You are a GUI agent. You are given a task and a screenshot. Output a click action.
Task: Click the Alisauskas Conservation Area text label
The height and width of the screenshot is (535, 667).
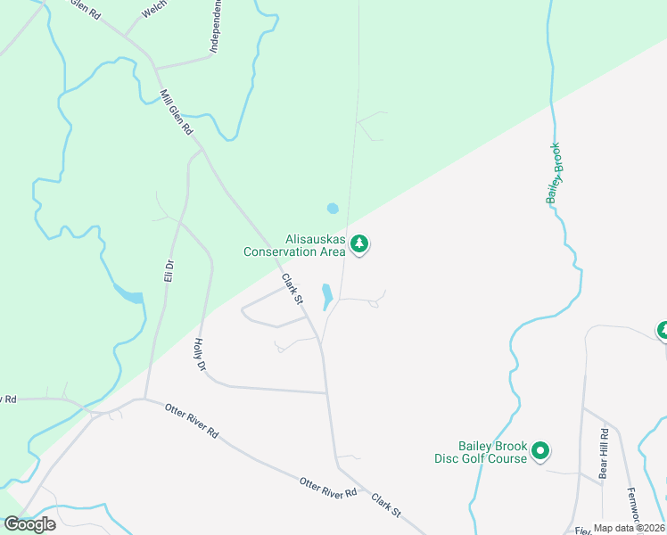pyautogui.click(x=294, y=245)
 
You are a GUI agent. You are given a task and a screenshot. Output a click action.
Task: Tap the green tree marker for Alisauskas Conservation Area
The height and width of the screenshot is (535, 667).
pyautogui.click(x=359, y=243)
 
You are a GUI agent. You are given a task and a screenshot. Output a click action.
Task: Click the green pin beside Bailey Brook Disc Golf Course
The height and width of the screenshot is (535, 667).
pyautogui.click(x=539, y=452)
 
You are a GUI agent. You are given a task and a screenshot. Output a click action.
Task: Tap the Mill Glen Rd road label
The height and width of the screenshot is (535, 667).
pyautogui.click(x=176, y=111)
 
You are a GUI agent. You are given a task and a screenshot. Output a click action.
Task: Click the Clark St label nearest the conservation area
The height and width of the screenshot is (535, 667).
pyautogui.click(x=292, y=289)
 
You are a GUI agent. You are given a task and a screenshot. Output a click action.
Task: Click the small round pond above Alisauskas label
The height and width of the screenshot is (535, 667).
pyautogui.click(x=333, y=209)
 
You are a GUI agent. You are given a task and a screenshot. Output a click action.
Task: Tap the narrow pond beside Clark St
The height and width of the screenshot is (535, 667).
pyautogui.click(x=326, y=295)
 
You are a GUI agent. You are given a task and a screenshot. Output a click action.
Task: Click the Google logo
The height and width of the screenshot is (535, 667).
pyautogui.click(x=29, y=524)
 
